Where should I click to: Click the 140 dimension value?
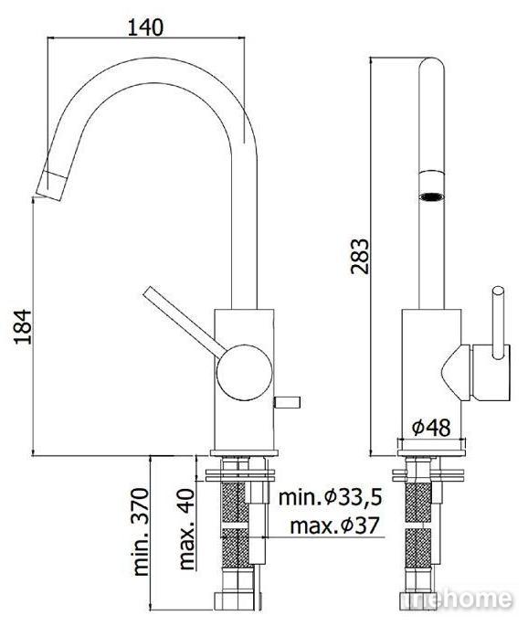click(x=145, y=27)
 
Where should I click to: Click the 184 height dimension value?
click(x=23, y=326)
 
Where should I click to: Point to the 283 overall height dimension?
click(x=360, y=256)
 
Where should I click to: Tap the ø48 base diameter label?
click(x=431, y=428)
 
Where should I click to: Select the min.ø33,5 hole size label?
click(x=330, y=497)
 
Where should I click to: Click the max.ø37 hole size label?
click(x=334, y=525)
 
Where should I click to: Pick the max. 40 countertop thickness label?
click(x=186, y=529)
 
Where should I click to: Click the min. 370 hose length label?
click(x=141, y=531)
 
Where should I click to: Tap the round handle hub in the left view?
click(x=245, y=373)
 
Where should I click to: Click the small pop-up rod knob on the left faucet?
click(x=287, y=402)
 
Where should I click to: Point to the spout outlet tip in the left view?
click(x=50, y=185)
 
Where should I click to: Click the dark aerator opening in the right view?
click(x=431, y=196)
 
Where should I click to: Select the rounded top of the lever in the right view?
click(x=498, y=292)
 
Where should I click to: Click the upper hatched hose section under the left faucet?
click(x=234, y=502)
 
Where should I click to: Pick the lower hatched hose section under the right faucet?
click(x=417, y=547)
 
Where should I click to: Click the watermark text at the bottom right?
click(x=456, y=599)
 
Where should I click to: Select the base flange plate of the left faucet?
click(x=244, y=452)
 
